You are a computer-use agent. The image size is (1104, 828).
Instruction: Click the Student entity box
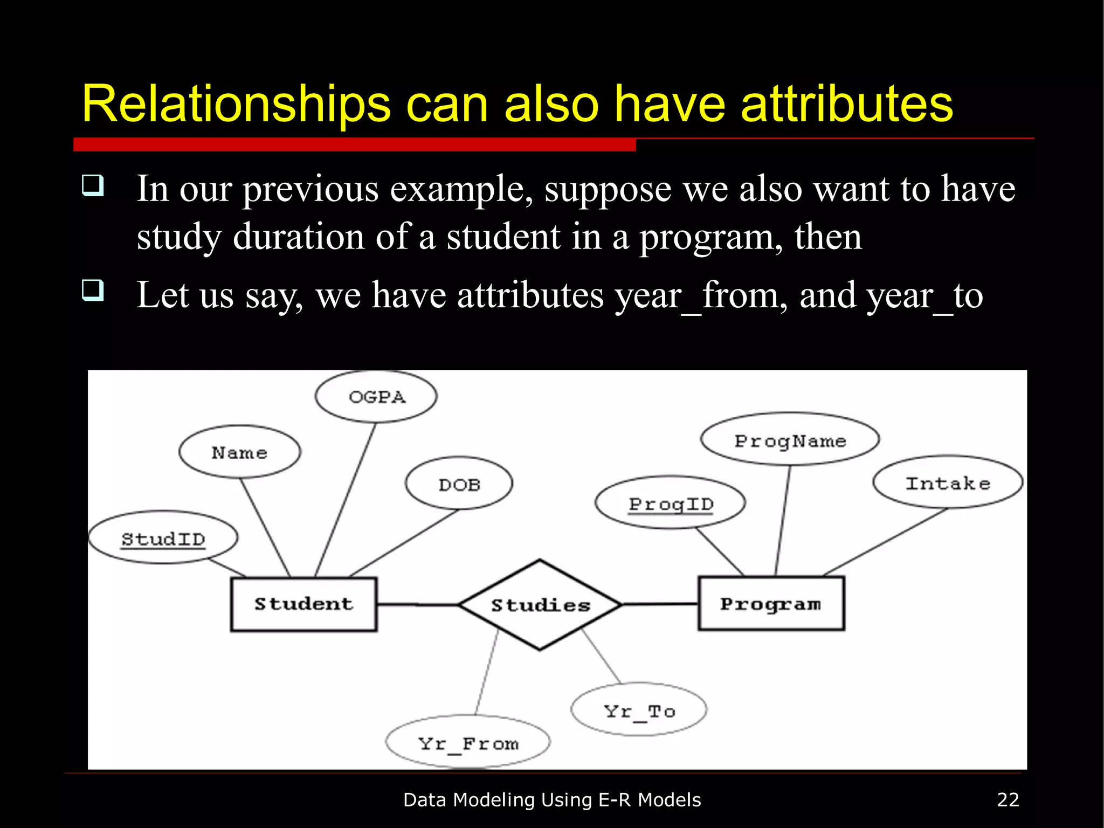pos(303,604)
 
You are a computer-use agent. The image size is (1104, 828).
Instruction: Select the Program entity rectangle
pos(771,603)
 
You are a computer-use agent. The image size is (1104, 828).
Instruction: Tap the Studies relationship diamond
pos(540,605)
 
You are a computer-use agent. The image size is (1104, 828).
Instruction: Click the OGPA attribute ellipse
pos(376,397)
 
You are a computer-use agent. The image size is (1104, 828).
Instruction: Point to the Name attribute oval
pos(239,452)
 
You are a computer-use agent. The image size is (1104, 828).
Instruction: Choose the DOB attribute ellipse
pos(459,484)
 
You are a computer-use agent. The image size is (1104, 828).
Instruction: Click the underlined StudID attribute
pos(163,538)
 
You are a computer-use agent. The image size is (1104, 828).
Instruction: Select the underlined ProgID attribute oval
pos(671,503)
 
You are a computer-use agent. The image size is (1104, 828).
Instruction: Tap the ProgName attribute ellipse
pos(790,440)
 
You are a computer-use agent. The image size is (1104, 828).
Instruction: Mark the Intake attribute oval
pos(948,482)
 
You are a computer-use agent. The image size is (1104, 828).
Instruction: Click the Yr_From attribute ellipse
pos(468,743)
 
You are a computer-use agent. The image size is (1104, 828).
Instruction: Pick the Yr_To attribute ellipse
pos(639,710)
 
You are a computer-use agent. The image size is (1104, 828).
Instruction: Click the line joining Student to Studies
pos(417,605)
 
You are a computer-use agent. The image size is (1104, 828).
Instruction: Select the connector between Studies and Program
pos(660,604)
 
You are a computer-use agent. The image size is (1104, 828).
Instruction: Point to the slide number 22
pos(1008,799)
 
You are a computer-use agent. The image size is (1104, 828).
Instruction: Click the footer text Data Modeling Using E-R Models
pos(551,799)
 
